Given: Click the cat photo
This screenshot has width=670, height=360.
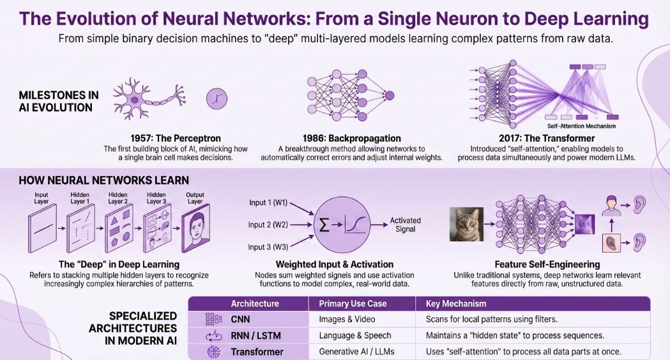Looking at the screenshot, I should pyautogui.click(x=466, y=224).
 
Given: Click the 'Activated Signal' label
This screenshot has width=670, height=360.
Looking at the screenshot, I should pyautogui.click(x=406, y=225).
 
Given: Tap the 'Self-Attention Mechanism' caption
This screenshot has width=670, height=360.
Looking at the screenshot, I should pyautogui.click(x=581, y=126).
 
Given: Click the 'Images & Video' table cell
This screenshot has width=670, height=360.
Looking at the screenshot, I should pyautogui.click(x=347, y=319).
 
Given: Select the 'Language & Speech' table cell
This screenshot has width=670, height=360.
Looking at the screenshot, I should pyautogui.click(x=355, y=336).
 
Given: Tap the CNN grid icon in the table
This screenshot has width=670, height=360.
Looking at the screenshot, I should pyautogui.click(x=213, y=319).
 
